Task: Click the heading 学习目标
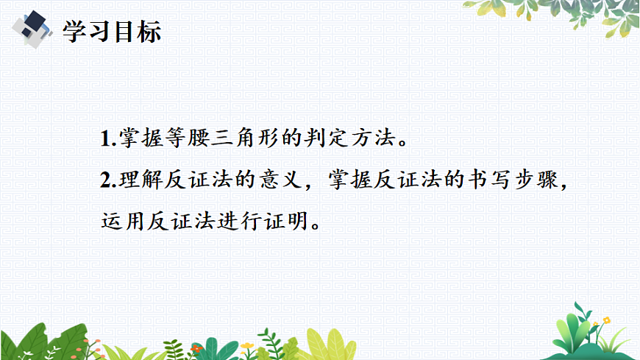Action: [111, 31]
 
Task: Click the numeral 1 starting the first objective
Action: [103, 138]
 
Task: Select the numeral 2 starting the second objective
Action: [103, 180]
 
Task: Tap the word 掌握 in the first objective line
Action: [135, 138]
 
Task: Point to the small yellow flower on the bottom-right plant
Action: [605, 320]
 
